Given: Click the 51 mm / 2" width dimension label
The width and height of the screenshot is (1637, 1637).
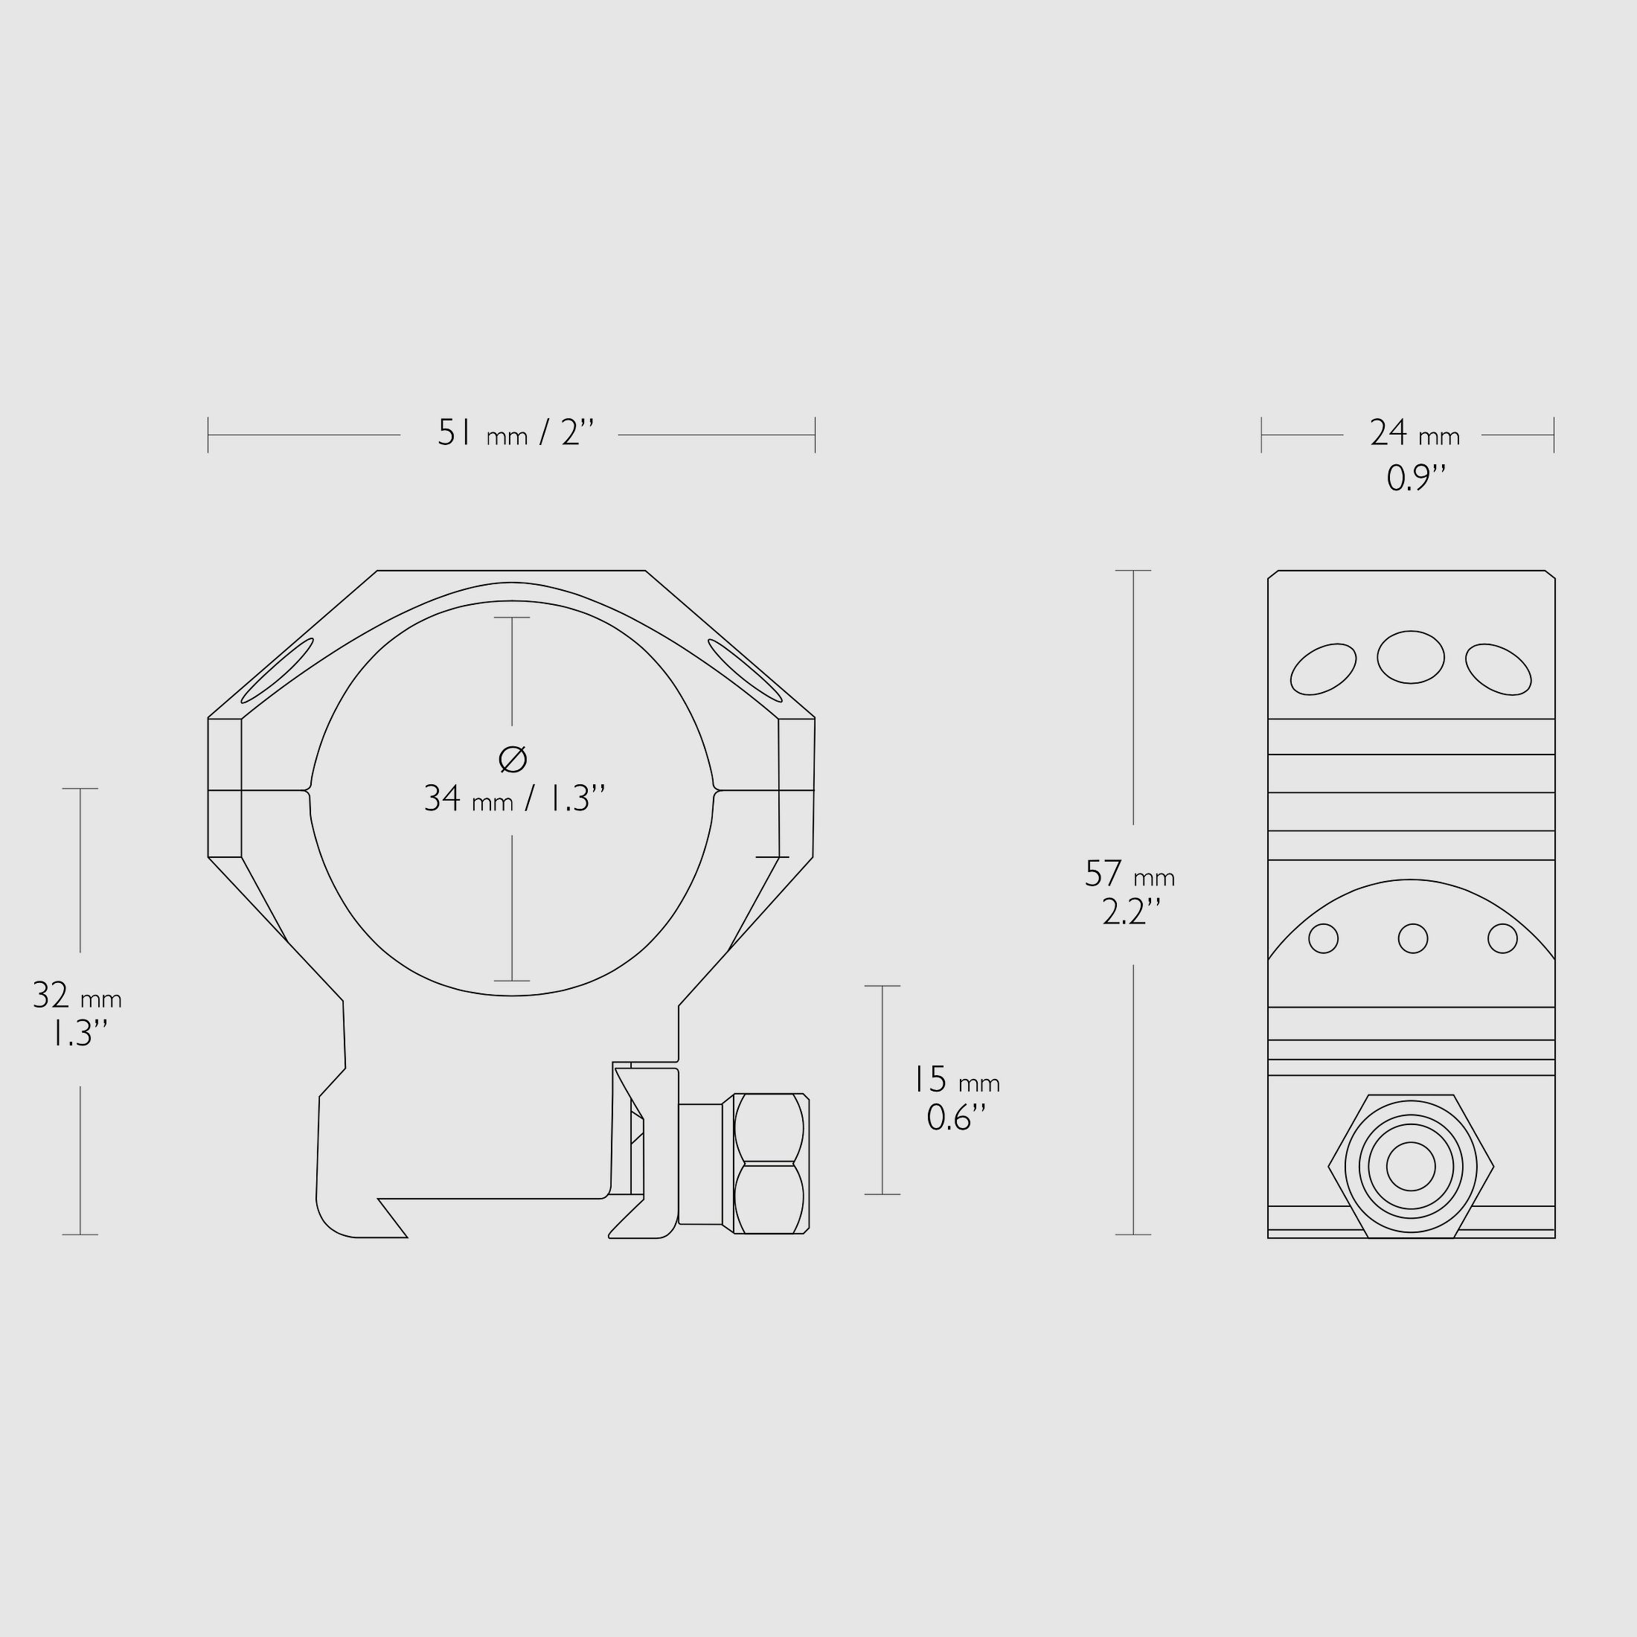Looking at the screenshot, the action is click(515, 433).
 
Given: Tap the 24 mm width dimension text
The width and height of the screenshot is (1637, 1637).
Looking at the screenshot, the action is click(1415, 434).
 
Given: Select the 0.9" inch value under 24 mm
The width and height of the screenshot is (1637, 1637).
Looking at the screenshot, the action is click(1415, 478).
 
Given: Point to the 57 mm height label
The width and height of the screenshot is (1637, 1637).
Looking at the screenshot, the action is click(1130, 874).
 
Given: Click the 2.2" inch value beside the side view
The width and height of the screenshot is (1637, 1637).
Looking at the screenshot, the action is click(1130, 912).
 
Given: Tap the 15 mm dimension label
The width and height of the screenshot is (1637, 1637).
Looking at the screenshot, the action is click(955, 1080).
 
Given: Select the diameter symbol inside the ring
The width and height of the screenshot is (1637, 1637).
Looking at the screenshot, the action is click(513, 759).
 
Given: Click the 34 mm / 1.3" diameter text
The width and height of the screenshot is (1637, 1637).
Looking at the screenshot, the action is click(514, 798).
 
